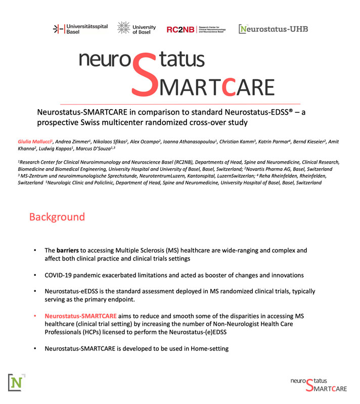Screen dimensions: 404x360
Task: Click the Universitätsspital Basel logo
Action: [x=80, y=29]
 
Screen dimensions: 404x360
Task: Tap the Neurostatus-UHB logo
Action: [x=274, y=29]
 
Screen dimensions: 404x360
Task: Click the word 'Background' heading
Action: [x=57, y=217]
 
